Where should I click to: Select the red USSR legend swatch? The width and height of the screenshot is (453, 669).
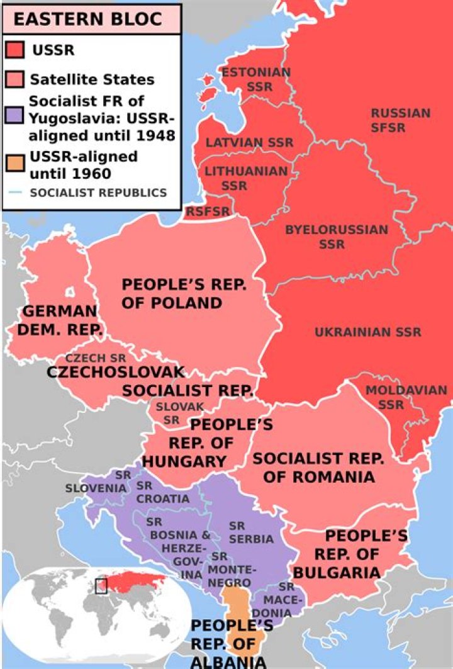(15, 50)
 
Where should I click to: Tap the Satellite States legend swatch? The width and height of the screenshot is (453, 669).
(15, 80)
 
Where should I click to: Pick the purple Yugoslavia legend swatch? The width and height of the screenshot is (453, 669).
(15, 117)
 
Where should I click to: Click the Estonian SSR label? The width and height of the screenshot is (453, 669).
(255, 79)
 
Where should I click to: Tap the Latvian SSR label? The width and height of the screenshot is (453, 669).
(249, 142)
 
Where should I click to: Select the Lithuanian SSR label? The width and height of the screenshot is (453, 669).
(246, 178)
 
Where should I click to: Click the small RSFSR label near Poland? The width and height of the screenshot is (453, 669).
(208, 211)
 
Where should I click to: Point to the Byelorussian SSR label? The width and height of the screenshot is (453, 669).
(337, 237)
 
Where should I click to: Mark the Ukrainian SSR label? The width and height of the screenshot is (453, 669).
(368, 332)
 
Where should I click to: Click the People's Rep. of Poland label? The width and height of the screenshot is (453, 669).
(183, 293)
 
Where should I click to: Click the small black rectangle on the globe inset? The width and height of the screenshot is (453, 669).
(101, 586)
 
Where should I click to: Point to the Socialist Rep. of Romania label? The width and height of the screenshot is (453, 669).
(314, 467)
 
